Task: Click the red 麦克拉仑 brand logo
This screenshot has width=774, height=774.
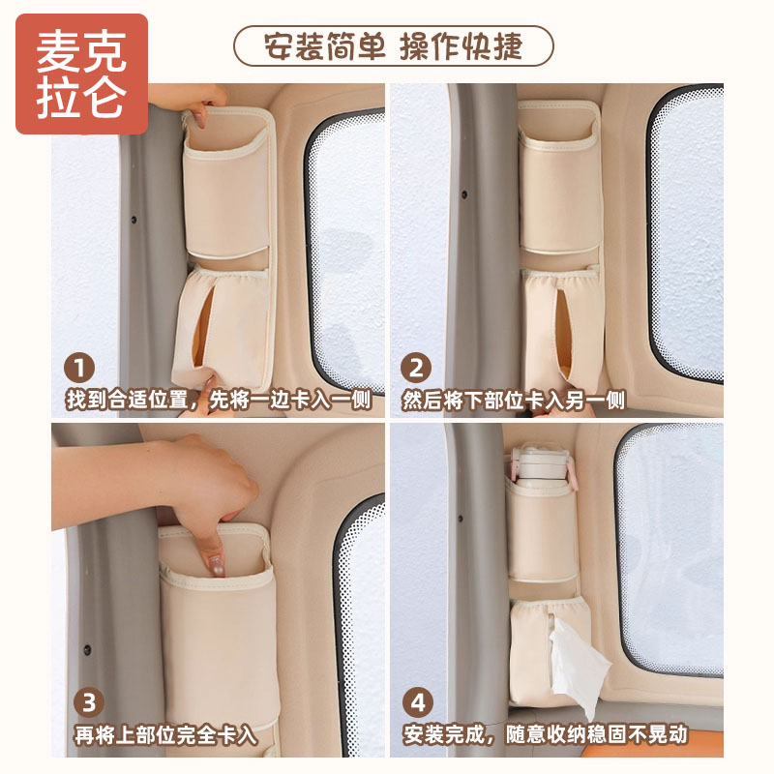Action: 81,74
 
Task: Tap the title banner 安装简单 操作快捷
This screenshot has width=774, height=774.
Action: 393,45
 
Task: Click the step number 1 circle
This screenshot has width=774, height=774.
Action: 80,369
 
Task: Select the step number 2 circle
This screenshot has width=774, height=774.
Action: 417,369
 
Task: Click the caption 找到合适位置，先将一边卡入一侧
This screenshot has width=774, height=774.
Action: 219,400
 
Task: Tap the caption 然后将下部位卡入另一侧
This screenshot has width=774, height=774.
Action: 514,400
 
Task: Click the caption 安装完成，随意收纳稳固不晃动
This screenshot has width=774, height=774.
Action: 546,734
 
